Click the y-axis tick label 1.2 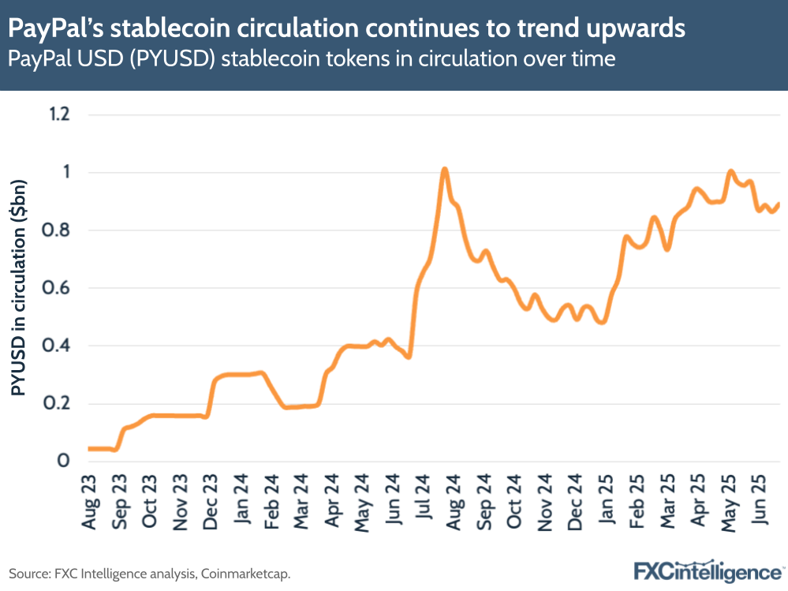[x=60, y=115]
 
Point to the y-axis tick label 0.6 [x=60, y=288]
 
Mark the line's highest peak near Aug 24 [x=445, y=169]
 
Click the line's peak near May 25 [x=730, y=171]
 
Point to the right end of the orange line [x=779, y=204]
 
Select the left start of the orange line [x=89, y=448]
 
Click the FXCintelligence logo [x=707, y=570]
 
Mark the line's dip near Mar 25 [x=667, y=249]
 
